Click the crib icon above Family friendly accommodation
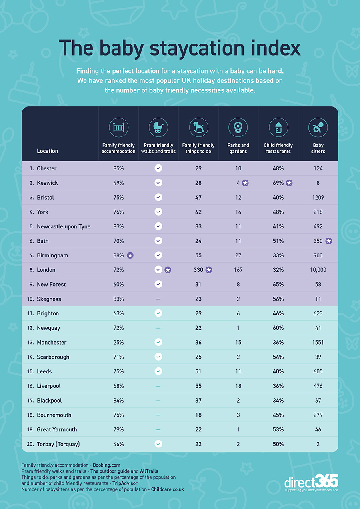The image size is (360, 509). pos(118,127)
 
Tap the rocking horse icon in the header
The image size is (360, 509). pos(198,127)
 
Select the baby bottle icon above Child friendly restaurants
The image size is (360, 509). pos(278,127)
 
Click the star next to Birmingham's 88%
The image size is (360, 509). pos(130,255)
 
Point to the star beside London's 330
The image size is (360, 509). pos(209,270)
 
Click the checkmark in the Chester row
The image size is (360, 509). pos(158,168)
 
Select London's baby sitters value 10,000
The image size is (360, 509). pos(318,270)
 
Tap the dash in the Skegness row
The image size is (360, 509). pos(158,299)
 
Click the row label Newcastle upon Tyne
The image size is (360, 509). pos(64,227)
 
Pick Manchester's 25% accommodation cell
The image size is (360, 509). pos(118,342)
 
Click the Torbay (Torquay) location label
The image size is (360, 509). pos(58,444)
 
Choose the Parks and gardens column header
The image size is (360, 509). pos(238,148)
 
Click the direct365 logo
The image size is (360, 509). pos(311,483)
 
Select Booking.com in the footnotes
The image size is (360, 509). pos(106,465)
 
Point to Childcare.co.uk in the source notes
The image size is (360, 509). pos(168,489)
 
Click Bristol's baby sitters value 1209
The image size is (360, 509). pos(318,198)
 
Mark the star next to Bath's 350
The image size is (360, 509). pos(329,241)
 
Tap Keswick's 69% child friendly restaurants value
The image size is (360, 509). pos(278,183)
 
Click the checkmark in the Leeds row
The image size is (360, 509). pos(158,371)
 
